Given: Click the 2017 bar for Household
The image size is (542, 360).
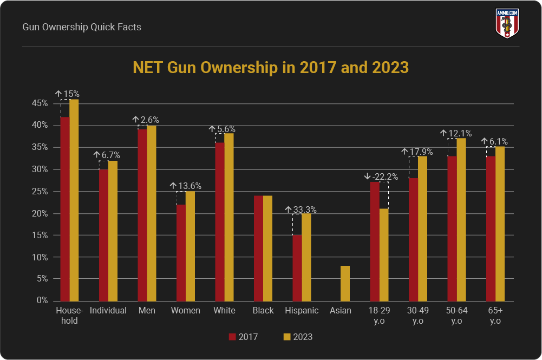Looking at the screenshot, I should point(65,209).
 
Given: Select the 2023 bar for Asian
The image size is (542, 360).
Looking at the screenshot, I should point(345,283).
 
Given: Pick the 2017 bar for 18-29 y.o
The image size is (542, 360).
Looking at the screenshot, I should point(374,241).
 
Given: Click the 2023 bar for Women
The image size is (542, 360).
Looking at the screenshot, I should point(190,246).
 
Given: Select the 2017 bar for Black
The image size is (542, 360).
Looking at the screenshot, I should point(258,248).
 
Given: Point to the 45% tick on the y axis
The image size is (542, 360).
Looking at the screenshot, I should point(40,103).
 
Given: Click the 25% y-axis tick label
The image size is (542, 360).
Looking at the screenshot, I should point(40,191).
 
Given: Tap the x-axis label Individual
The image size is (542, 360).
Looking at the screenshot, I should point(108,311).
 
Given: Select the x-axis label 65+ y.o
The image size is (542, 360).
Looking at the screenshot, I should point(495,315).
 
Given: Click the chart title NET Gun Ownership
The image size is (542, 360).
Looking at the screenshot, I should point(271,68).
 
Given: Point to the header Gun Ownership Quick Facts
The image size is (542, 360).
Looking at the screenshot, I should point(82,27).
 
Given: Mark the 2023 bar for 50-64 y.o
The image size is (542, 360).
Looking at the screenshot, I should point(461,219).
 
